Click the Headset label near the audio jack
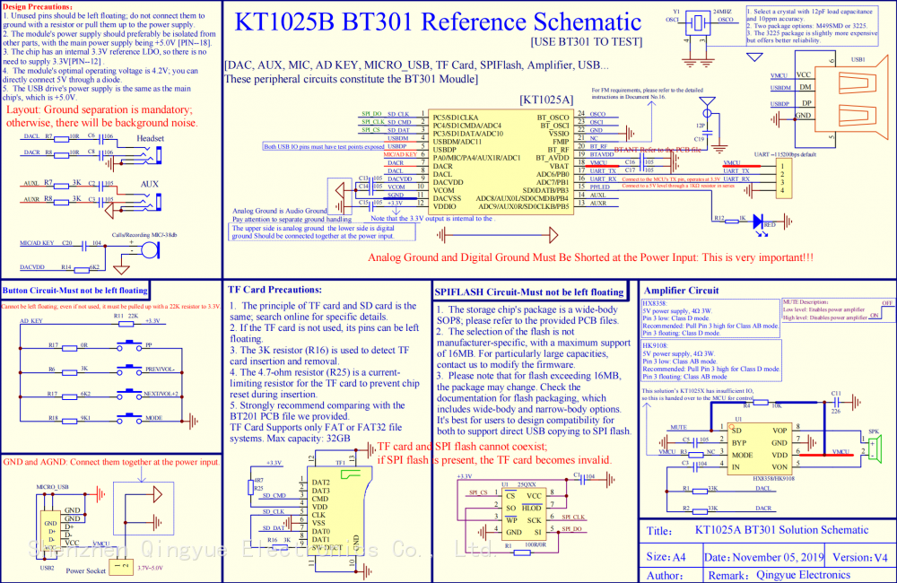click(150, 138)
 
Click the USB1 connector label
click(858, 59)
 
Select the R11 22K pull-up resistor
click(118, 320)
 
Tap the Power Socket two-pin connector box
click(120, 566)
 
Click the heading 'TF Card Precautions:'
click(275, 291)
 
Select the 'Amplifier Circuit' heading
click(682, 291)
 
